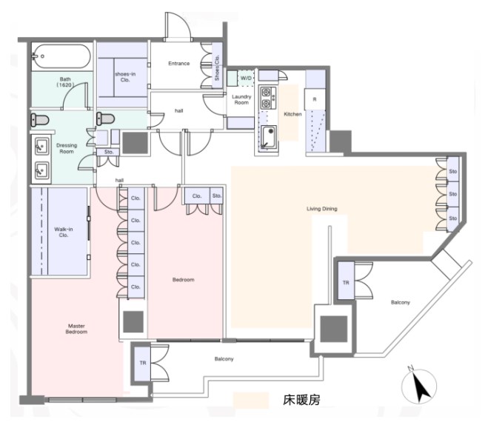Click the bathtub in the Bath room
(62, 56)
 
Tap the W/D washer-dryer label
(246, 78)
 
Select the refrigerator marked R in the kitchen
(315, 99)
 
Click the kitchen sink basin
(269, 138)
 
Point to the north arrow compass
(419, 385)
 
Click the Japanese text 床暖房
(301, 400)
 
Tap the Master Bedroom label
(76, 329)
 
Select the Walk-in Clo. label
(64, 232)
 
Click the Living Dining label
(322, 209)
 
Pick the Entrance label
(179, 64)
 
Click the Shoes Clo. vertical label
(217, 67)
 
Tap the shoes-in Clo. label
(125, 77)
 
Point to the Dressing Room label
(67, 148)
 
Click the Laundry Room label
(241, 99)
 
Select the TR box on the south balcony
(142, 363)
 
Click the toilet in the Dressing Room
(40, 120)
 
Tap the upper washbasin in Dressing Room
(41, 146)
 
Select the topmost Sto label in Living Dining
(453, 172)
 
